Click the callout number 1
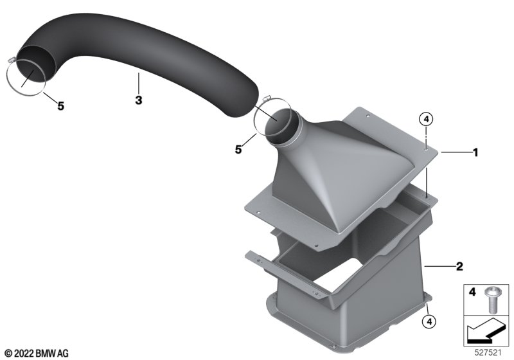coord(475,152)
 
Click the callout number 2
coord(459,267)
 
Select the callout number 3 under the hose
coord(139,100)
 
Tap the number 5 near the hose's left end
coord(60,106)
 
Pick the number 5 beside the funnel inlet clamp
coord(238,150)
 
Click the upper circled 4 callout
coord(426,120)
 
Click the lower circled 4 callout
coord(429,321)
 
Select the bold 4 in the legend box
coord(472,292)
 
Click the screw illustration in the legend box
coord(491,300)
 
